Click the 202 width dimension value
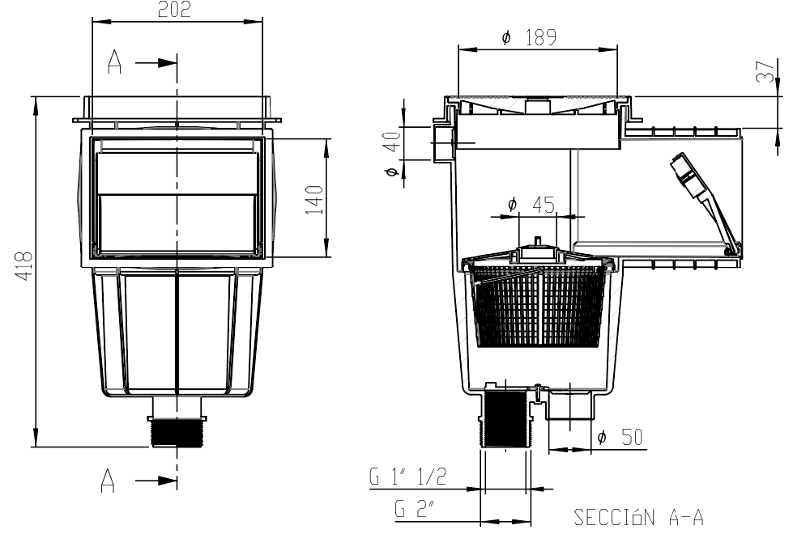point(174,10)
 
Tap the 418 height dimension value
point(23,265)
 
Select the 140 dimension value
point(314,200)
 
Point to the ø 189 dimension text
point(529,37)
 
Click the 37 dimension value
point(766,72)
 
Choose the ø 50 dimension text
point(620,437)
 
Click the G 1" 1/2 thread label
point(407,477)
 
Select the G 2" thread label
point(414,509)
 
